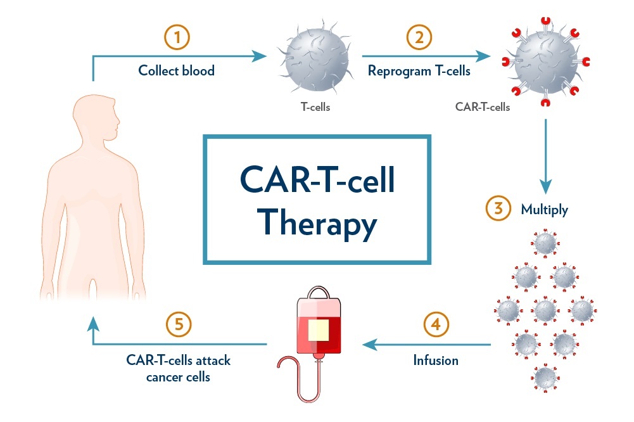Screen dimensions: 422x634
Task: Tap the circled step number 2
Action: click(419, 38)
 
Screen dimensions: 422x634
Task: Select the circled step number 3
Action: click(498, 210)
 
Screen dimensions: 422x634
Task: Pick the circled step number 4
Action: click(435, 326)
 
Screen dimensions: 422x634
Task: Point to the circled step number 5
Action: click(179, 326)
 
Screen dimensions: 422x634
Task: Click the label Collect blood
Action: click(177, 70)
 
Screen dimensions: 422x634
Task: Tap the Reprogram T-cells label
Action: click(419, 70)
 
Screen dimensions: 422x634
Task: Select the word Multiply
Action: click(544, 210)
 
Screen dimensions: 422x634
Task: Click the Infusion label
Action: click(436, 361)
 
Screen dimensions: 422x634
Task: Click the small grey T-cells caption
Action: click(315, 107)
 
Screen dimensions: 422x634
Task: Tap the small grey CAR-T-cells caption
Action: click(483, 107)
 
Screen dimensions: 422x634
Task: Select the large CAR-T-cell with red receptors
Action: click(545, 63)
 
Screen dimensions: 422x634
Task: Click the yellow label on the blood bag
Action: click(319, 329)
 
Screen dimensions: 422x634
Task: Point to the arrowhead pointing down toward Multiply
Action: click(545, 186)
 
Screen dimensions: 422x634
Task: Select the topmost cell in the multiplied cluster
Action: click(545, 243)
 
